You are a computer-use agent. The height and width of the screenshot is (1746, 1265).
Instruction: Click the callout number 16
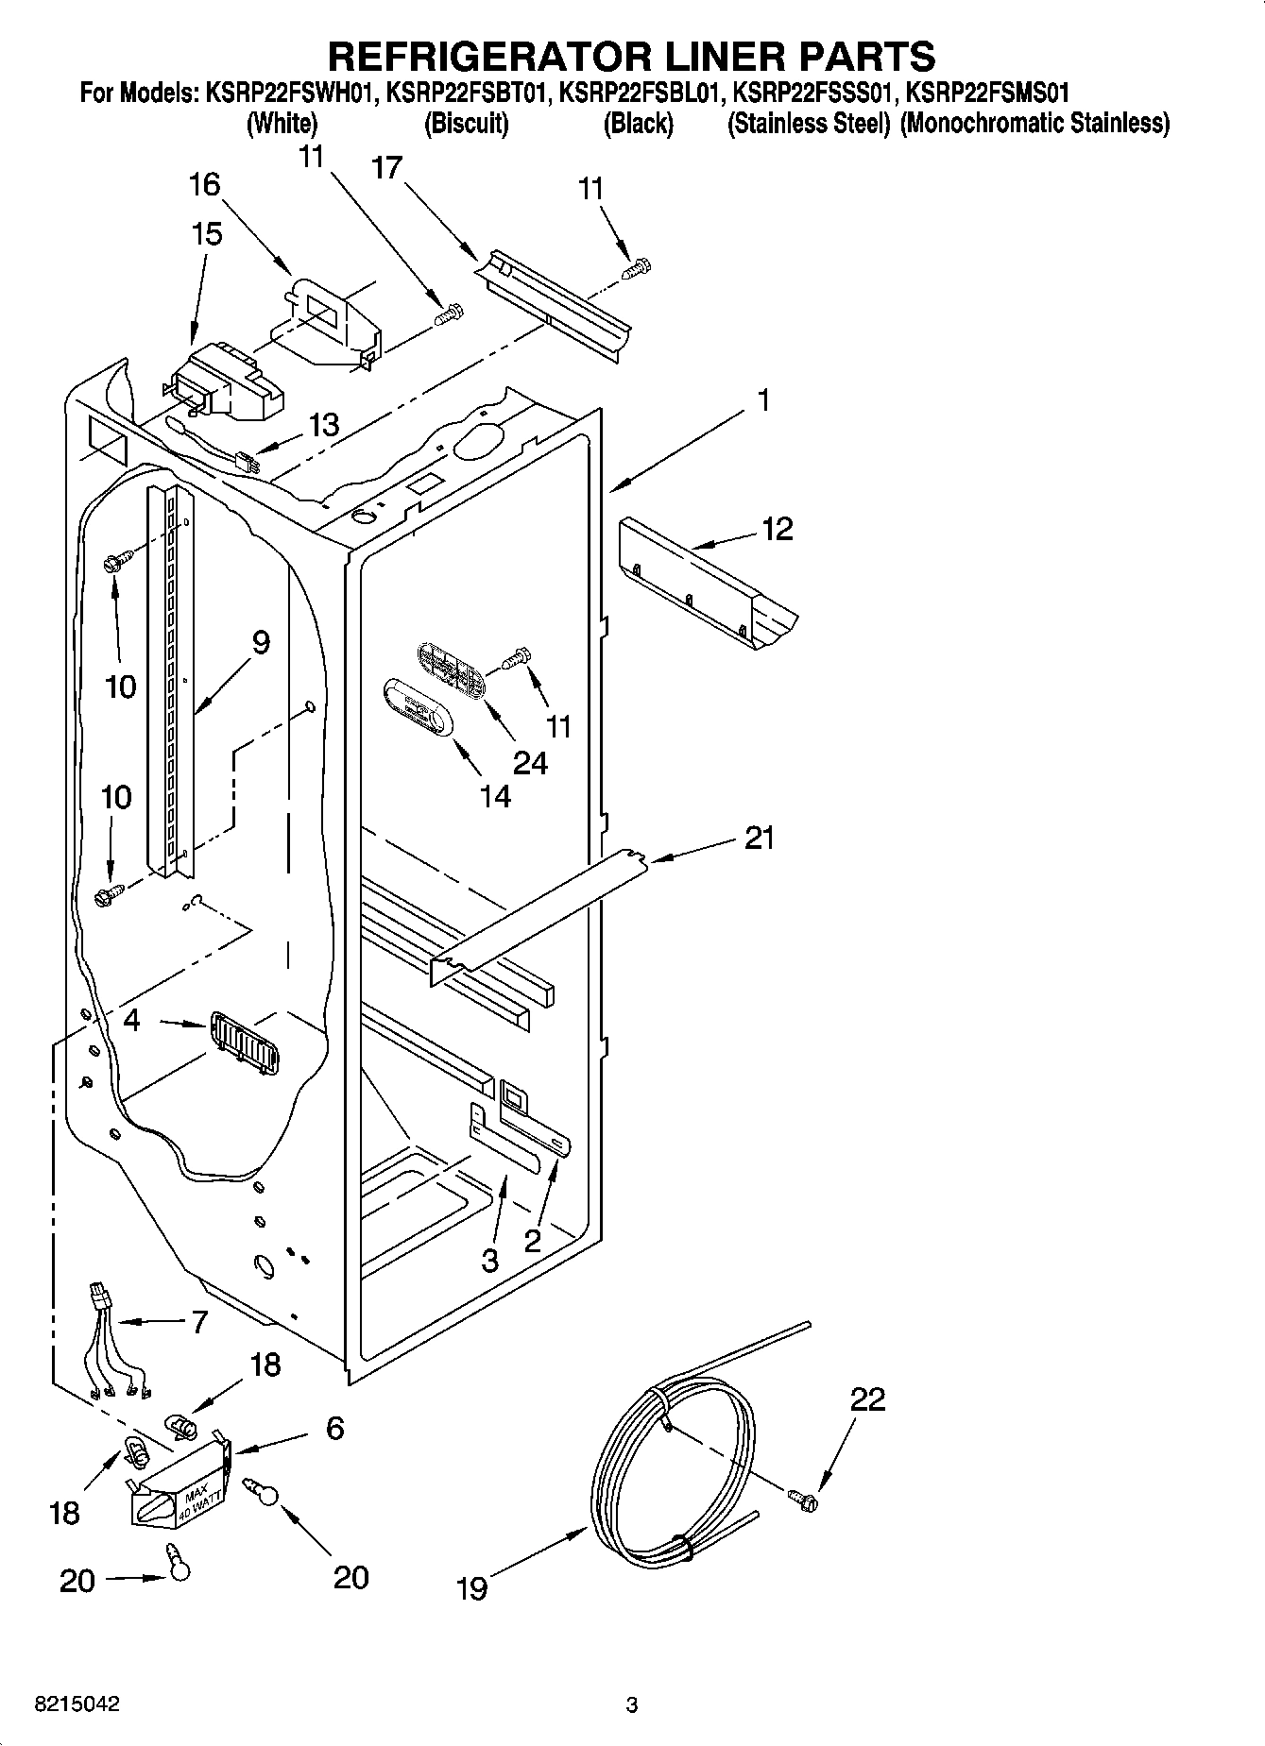(x=204, y=185)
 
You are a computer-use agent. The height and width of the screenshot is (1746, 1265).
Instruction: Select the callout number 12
(x=777, y=529)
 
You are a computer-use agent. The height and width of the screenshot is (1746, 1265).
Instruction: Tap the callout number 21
(x=760, y=838)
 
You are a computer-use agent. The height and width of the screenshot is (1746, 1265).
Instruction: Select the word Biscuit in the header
(x=467, y=124)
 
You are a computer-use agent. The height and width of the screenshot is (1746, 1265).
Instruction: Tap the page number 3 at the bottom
(x=632, y=1705)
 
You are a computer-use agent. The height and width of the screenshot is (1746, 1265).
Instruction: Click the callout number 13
(x=323, y=425)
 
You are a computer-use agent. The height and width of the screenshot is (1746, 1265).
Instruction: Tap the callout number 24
(x=529, y=762)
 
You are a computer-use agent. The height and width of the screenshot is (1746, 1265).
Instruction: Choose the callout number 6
(x=334, y=1429)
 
